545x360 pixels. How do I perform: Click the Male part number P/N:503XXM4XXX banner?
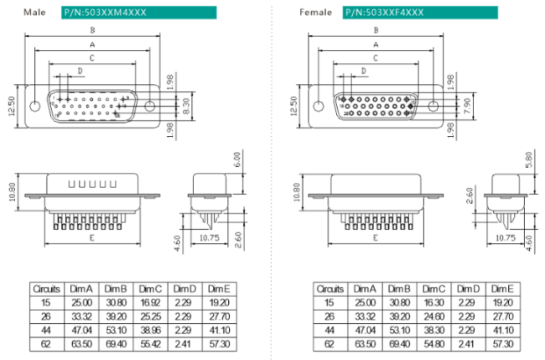[x=138, y=13]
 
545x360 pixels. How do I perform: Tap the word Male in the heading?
[x=34, y=13]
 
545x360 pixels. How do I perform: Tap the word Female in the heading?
[x=314, y=13]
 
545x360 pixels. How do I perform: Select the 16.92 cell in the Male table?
[x=150, y=303]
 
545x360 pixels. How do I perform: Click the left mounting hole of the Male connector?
[x=34, y=107]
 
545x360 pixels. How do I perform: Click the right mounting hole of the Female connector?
[x=433, y=107]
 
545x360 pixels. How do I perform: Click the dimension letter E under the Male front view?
[x=91, y=238]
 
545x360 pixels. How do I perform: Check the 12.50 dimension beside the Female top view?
[x=293, y=106]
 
